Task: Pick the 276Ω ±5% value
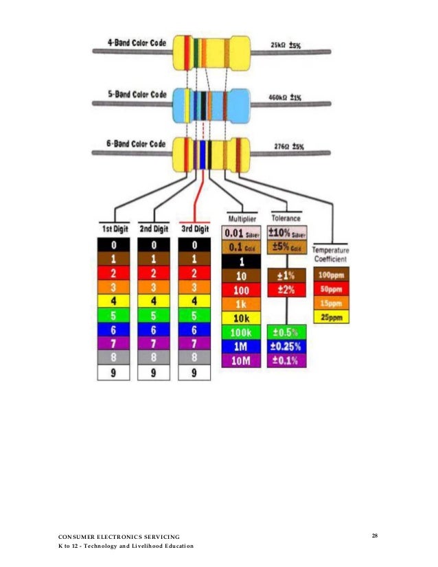(287, 146)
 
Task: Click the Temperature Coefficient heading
(332, 255)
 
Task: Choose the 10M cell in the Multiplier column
(241, 360)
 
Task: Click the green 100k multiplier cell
(241, 332)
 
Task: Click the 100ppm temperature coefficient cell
(332, 274)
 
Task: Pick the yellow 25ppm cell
(332, 317)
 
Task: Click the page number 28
(375, 535)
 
